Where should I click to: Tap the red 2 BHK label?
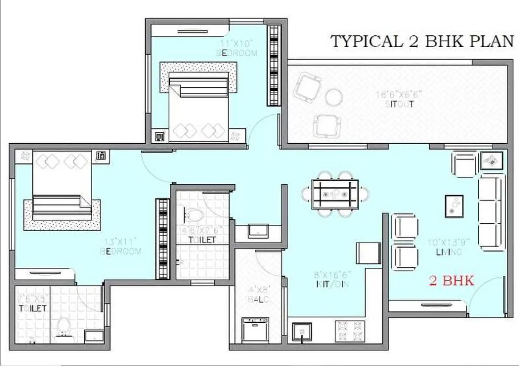pyautogui.click(x=451, y=281)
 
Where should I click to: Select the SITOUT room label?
pyautogui.click(x=400, y=104)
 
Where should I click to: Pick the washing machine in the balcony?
pyautogui.click(x=255, y=330)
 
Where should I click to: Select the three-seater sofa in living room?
pyautogui.click(x=493, y=212)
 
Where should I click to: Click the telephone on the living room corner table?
pyautogui.click(x=492, y=161)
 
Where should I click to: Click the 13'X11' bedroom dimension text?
pyautogui.click(x=121, y=241)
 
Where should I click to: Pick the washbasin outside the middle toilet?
pyautogui.click(x=258, y=230)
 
